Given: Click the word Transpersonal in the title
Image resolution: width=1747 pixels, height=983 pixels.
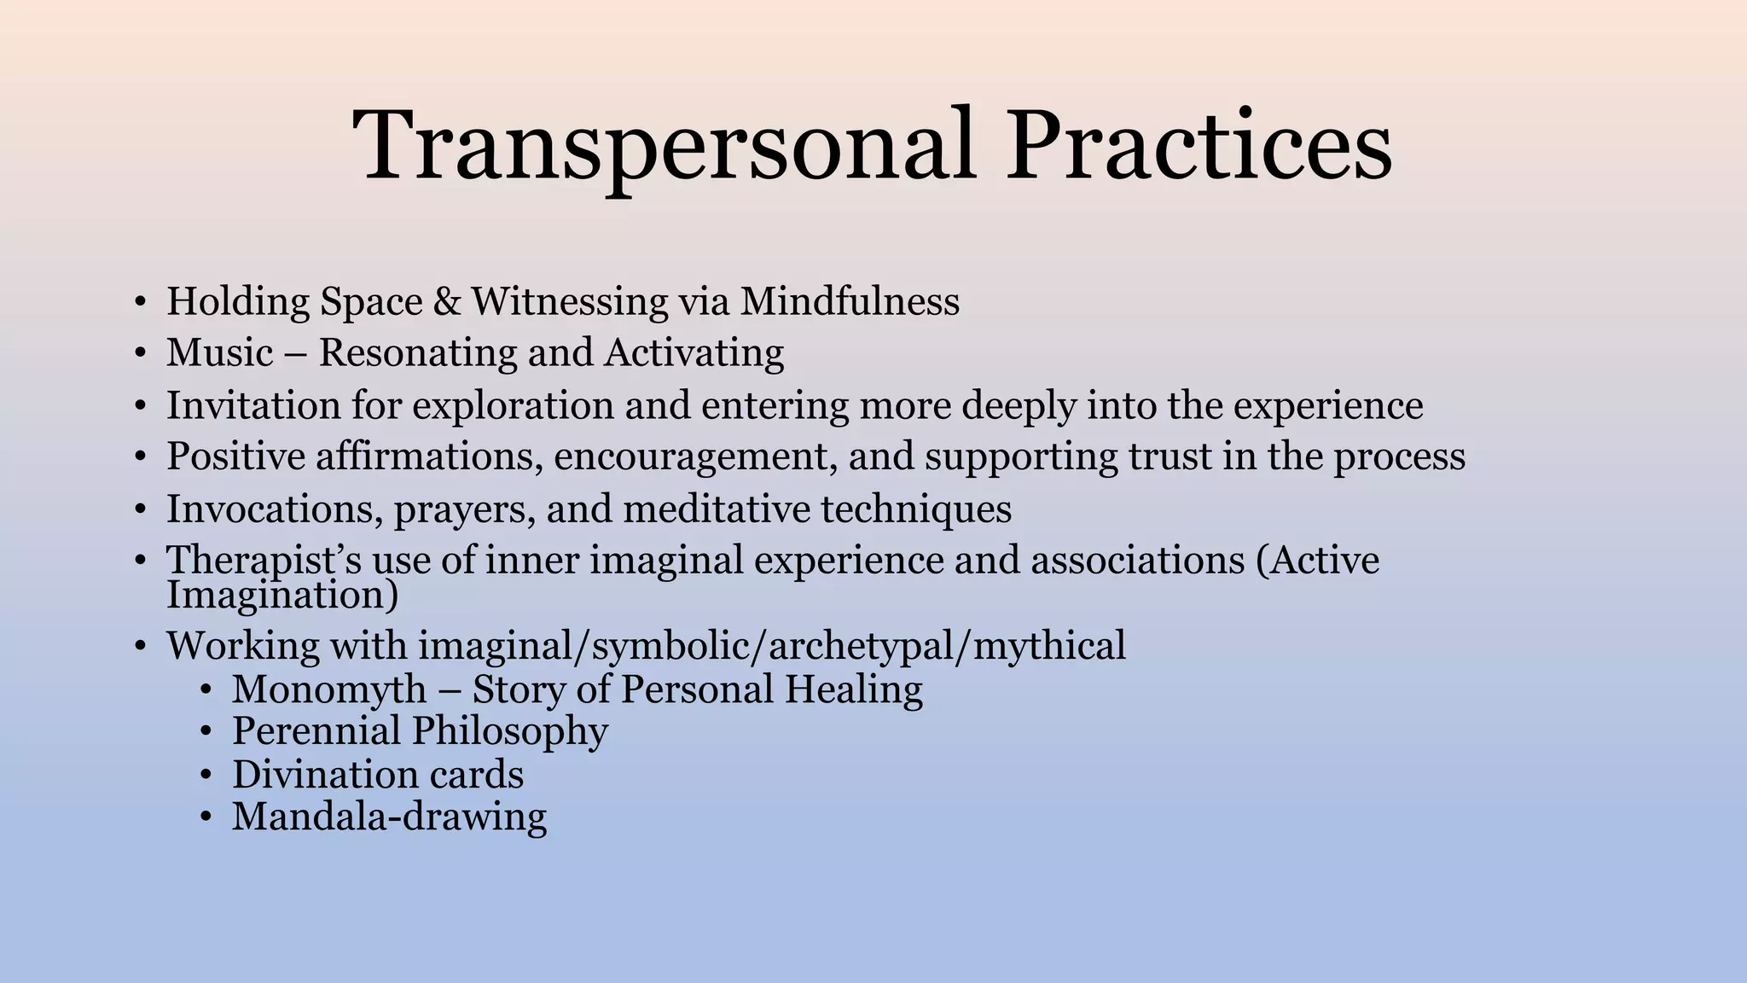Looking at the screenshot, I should [664, 145].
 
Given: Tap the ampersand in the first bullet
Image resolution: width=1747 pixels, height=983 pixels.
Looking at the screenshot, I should [447, 302].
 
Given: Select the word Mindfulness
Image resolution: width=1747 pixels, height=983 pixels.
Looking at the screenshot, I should [850, 302].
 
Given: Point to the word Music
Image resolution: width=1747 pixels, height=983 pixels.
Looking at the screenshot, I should [219, 353].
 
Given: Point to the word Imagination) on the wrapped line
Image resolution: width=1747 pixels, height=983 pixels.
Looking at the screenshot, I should [281, 596].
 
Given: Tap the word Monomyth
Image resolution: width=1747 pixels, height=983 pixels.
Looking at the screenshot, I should [328, 689].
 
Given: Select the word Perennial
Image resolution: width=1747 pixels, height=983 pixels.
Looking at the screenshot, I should [316, 731].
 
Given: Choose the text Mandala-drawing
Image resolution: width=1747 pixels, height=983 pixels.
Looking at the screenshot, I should [389, 817].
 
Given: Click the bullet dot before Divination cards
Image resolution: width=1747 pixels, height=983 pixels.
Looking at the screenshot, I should [205, 775].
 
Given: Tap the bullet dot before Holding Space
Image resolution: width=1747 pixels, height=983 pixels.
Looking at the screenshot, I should [140, 302].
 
